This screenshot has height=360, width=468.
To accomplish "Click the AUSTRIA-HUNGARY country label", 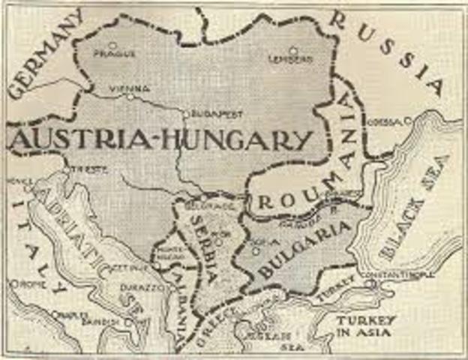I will pyautogui.click(x=162, y=140).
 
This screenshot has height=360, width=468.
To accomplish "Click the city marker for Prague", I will pyautogui.click(x=112, y=45).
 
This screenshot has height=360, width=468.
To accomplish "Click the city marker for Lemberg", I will pyautogui.click(x=293, y=51).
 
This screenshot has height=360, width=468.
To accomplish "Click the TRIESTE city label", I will pyautogui.click(x=85, y=169).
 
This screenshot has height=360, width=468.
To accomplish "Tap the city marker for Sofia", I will pyautogui.click(x=255, y=251).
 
